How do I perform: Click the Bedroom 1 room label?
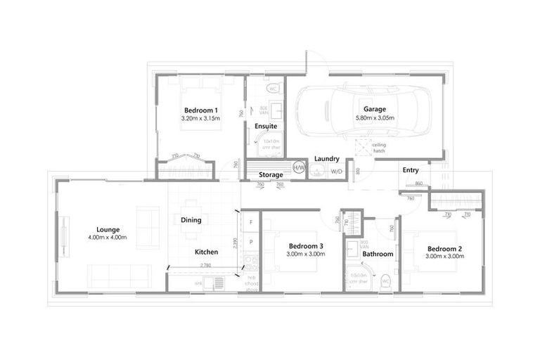pos(200,110)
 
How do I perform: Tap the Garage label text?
pos(375,110)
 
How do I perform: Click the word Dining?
pos(191,220)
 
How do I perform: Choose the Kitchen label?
pos(207,252)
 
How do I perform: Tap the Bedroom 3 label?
pos(306,245)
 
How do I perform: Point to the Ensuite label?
pos(266,127)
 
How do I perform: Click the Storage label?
pos(271,174)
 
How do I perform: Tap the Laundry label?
pos(328,159)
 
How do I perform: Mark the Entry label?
pos(411,170)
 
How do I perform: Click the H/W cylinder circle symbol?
pos(299,169)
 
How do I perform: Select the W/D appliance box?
pos(336,171)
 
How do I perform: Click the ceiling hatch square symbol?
pos(362,147)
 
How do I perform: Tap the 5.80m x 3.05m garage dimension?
pos(375,118)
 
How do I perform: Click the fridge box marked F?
pos(251,222)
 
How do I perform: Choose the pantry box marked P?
pos(251,242)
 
